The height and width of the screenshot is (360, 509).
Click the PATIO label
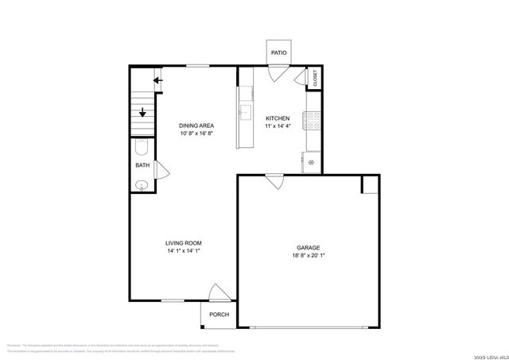point(278,52)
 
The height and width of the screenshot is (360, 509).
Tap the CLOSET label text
point(315,78)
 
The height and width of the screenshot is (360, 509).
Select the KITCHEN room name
point(278,118)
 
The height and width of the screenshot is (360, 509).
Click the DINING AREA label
point(196,126)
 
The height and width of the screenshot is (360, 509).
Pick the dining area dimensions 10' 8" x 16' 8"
point(196,134)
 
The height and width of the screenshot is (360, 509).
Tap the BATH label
point(142,165)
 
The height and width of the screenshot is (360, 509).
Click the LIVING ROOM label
point(183,243)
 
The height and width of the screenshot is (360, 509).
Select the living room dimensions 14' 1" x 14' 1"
point(183,251)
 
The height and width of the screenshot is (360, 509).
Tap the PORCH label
point(219,315)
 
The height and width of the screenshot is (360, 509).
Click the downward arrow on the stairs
point(143,112)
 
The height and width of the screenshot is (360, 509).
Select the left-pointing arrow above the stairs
point(158,79)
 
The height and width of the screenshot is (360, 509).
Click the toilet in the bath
point(141,148)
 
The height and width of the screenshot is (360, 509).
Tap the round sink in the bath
point(141,185)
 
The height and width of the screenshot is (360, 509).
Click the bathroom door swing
point(161,169)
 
